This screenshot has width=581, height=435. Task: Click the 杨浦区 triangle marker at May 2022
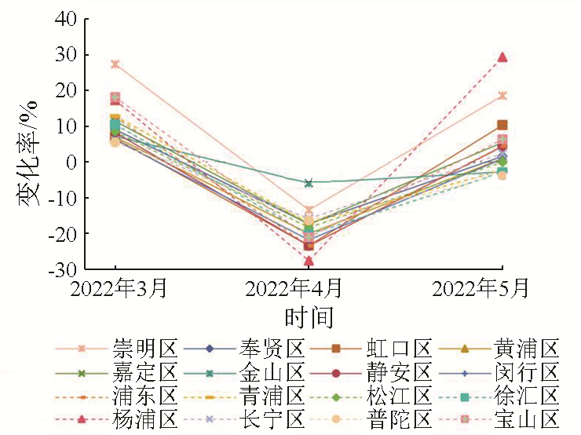tap(502, 57)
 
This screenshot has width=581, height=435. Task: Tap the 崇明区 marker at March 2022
tap(115, 64)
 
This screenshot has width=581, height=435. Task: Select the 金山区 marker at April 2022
tap(309, 183)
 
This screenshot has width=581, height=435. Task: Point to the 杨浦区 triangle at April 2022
tap(309, 261)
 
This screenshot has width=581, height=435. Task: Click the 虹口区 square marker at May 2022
tap(502, 126)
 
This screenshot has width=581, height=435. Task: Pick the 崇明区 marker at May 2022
tap(502, 96)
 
